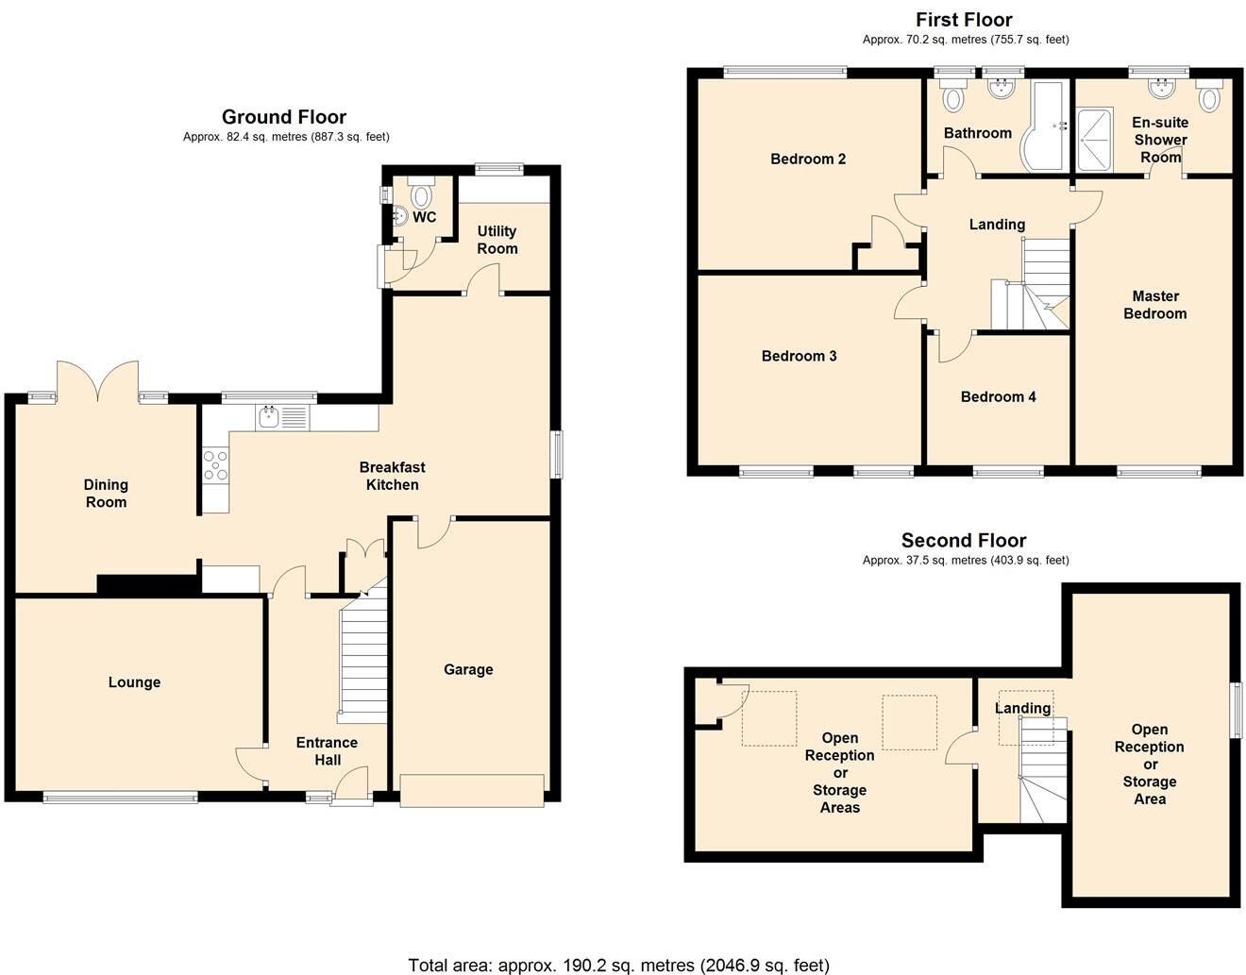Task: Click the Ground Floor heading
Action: [x=284, y=117]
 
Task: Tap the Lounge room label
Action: [x=134, y=682]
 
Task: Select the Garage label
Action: [x=468, y=669]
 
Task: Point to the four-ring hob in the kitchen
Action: [x=215, y=465]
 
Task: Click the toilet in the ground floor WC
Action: [x=421, y=194]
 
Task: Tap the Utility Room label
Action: [x=497, y=240]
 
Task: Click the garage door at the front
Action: [x=472, y=790]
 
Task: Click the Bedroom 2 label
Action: [x=808, y=159]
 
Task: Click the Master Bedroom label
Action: [x=1154, y=305]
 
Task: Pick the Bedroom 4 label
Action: [x=998, y=396]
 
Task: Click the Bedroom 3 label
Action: [x=799, y=356]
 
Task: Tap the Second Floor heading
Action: [x=964, y=541]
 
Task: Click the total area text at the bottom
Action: [x=618, y=965]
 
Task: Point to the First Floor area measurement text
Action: [x=966, y=40]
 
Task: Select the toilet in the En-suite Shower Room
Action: [x=1209, y=95]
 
